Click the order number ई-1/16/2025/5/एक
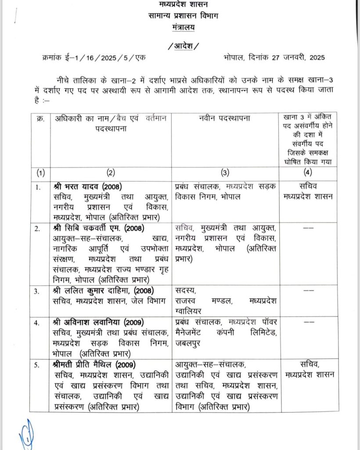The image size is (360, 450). (100, 58)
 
